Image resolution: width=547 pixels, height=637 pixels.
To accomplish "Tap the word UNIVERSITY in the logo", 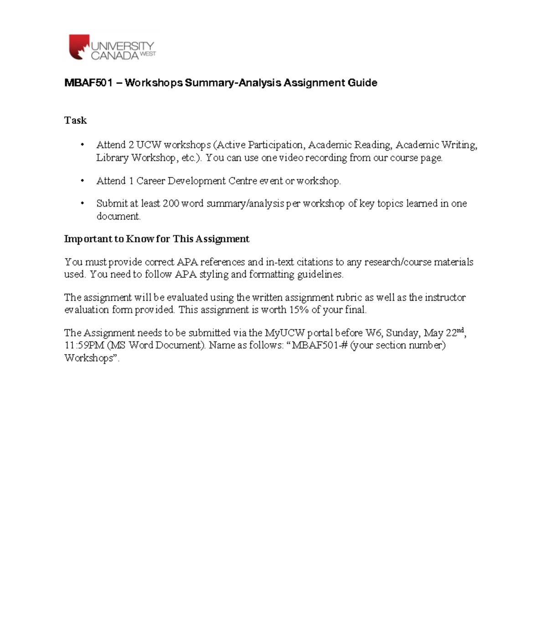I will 122,46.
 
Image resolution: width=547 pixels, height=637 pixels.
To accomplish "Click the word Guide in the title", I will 362,83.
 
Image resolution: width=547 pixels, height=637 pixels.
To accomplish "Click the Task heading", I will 75,120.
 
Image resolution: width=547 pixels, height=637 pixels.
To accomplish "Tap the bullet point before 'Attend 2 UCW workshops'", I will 83,145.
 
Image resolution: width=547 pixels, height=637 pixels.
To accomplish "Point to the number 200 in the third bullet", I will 171,204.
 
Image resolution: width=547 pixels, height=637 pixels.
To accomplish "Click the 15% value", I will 299,310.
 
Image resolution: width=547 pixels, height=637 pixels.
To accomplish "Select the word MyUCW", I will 284,333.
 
